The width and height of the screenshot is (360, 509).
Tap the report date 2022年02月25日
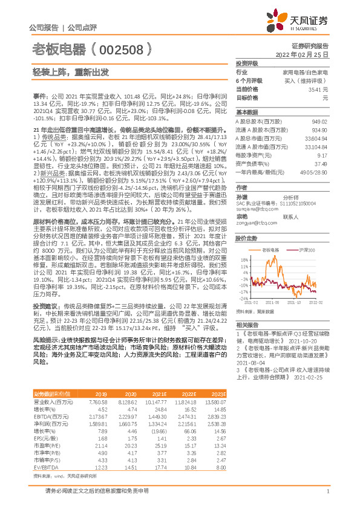pos(306,54)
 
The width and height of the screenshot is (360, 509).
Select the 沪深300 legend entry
pos(307,249)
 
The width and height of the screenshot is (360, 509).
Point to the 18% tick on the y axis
pos(244,259)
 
